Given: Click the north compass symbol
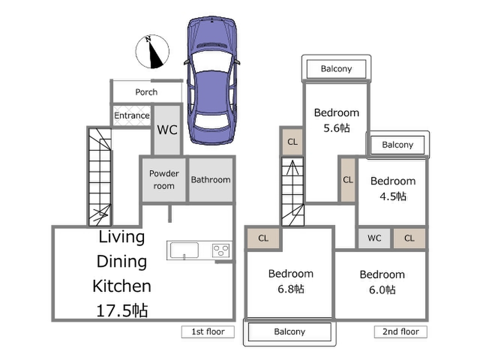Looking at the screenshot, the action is (x=152, y=52).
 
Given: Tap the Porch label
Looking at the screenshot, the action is (x=146, y=92).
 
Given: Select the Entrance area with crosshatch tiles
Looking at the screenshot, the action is (x=132, y=115).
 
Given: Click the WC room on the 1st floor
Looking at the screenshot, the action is (x=167, y=130).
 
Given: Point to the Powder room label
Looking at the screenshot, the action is (x=164, y=180).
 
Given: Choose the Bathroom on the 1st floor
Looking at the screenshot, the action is (x=211, y=180).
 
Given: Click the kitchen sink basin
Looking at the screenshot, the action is (x=184, y=250).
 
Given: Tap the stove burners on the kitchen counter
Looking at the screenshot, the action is (x=221, y=250).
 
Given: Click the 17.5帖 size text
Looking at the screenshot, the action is (x=122, y=310).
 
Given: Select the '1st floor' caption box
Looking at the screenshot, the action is (x=208, y=332).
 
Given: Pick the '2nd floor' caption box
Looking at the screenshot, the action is (x=400, y=332).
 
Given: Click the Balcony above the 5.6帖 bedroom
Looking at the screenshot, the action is (x=336, y=68).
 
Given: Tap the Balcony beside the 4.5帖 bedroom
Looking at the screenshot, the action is (x=398, y=144).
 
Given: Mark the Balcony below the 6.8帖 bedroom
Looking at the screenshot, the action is (x=290, y=332).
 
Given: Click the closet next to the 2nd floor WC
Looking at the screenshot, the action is (x=409, y=238).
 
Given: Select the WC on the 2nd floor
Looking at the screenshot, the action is (x=374, y=238).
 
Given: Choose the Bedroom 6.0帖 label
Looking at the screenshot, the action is (x=382, y=282).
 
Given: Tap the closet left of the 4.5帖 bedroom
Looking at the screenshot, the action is (x=348, y=180).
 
